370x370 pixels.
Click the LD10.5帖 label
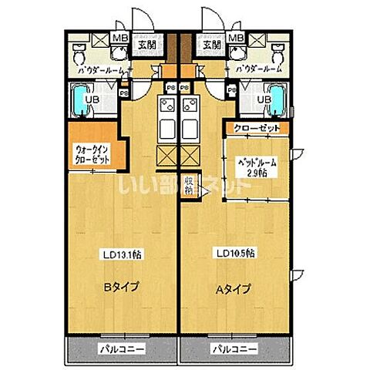pos(236,254)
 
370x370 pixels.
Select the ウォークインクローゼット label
pos(92,154)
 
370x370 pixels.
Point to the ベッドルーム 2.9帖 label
pos(255,168)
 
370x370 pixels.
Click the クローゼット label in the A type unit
pos(254,128)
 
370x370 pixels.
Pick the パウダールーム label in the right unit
pos(259,70)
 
